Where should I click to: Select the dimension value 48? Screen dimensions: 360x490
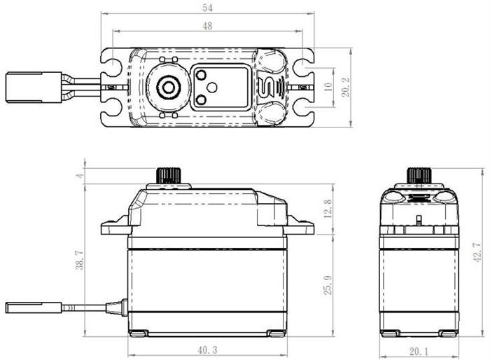coord(207,25)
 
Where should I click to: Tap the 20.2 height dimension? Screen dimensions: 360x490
coord(345,87)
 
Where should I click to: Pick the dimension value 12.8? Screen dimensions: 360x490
coord(328,208)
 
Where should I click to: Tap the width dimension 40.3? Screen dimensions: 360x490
coord(207,349)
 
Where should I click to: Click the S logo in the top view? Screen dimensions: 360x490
coord(269,87)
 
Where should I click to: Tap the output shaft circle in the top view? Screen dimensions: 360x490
coord(168,87)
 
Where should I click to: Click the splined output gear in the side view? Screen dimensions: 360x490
coord(168,175)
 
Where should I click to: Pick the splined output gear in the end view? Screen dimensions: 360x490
coord(419,175)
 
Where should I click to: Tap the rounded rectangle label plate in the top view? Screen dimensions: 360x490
coord(220,87)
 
